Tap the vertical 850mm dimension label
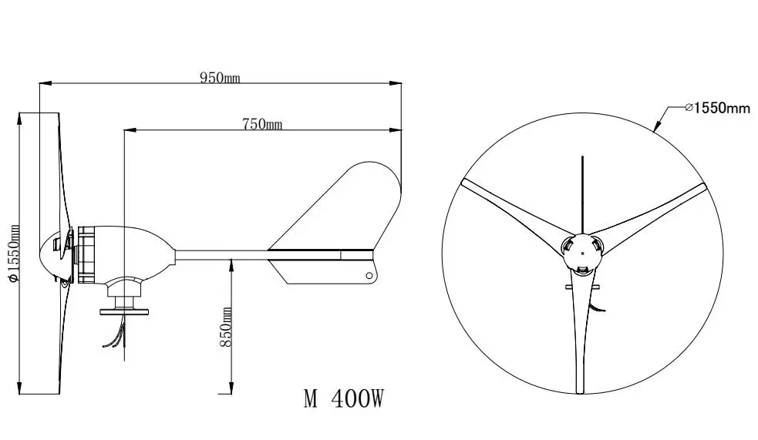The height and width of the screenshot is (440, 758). tap(226, 327)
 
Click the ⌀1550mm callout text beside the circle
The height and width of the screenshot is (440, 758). tap(716, 109)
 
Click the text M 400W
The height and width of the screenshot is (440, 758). tap(343, 398)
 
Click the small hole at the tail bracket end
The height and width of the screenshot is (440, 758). tap(370, 276)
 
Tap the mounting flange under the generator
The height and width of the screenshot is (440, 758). tap(125, 310)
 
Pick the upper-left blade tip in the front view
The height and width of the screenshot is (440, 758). tap(464, 183)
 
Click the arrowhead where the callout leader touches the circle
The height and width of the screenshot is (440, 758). tap(655, 131)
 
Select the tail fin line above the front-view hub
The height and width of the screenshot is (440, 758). tap(583, 193)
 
